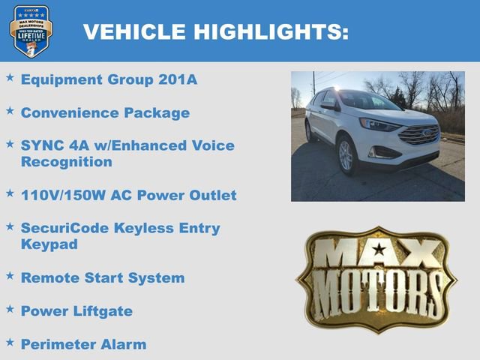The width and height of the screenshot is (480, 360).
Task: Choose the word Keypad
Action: point(49,244)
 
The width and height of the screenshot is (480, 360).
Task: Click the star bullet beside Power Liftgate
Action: point(10,308)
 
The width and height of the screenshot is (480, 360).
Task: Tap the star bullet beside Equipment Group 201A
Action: point(10,77)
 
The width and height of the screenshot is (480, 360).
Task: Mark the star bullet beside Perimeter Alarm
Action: point(10,342)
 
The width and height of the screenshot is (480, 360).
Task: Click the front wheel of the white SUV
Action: point(346,155)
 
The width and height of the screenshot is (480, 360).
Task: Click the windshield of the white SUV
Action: point(367,100)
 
